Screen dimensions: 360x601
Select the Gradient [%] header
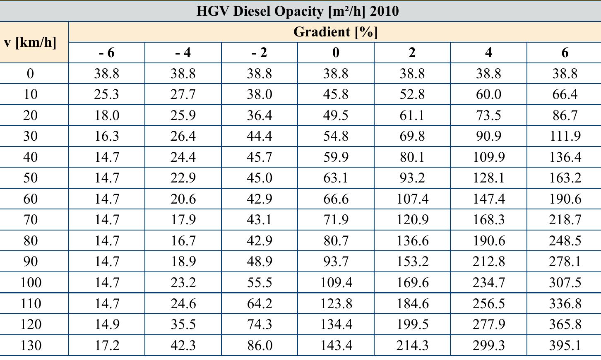point(335,32)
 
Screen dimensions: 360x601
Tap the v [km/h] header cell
point(30,42)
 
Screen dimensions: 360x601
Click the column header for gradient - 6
point(107,53)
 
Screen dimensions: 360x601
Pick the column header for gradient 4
point(488,53)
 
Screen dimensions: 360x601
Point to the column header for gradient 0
point(336,53)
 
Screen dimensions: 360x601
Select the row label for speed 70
point(30,220)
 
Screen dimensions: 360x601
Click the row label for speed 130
point(30,345)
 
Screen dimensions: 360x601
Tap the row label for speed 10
point(30,94)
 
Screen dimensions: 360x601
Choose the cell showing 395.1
point(565,345)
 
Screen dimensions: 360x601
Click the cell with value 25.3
point(107,94)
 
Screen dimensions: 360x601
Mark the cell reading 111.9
point(565,136)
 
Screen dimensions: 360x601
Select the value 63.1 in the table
point(336,178)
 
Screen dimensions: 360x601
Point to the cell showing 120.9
point(412,220)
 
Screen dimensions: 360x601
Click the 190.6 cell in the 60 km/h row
point(565,199)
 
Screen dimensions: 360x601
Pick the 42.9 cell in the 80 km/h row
point(260,241)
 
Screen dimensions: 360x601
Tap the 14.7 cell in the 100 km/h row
point(107,283)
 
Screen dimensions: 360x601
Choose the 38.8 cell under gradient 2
point(412,74)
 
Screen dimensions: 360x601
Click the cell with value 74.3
point(260,324)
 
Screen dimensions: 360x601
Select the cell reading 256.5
point(488,304)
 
